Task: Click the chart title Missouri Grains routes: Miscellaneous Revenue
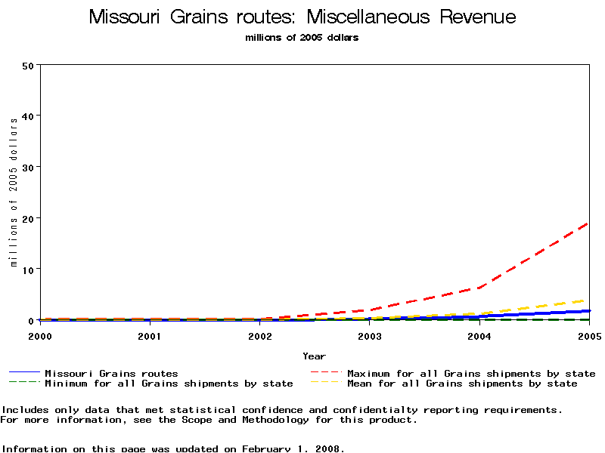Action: [302, 17]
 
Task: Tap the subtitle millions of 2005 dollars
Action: [302, 38]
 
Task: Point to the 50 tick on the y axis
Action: [29, 65]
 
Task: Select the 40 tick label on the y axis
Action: [29, 116]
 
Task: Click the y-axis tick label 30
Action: [29, 167]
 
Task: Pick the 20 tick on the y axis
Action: [29, 218]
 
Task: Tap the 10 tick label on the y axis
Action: [29, 270]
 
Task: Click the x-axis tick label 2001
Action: [150, 335]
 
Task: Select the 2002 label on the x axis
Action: [259, 335]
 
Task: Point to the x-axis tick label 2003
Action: [370, 335]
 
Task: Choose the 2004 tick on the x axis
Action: [479, 335]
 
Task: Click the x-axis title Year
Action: [314, 356]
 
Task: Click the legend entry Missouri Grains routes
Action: [111, 373]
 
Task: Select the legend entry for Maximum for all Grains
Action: [470, 373]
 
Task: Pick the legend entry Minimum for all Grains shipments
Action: [168, 384]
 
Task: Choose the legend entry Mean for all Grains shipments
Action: [461, 384]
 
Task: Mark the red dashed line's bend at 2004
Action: [479, 288]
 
